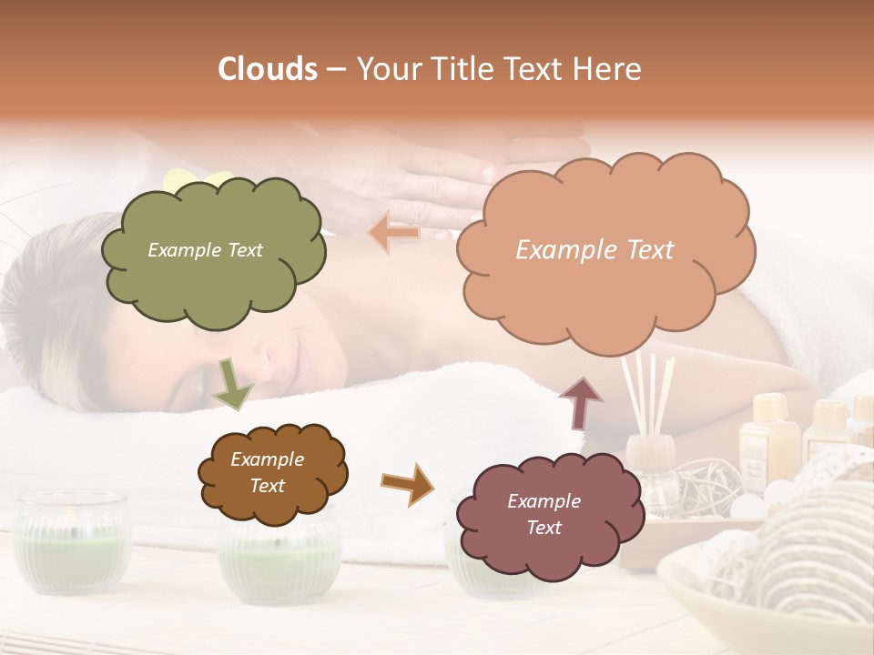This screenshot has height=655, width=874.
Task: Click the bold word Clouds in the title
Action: pos(268,69)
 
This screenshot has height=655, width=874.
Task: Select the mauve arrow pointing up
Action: pos(580,403)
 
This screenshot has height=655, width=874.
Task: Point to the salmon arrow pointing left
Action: pos(394,233)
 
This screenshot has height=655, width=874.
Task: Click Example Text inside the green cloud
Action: pos(205,250)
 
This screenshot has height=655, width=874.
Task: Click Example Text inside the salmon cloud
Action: pos(595,250)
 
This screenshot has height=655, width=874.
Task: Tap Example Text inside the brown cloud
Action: pos(267,473)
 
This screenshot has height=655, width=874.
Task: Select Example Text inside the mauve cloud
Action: pos(544,514)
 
